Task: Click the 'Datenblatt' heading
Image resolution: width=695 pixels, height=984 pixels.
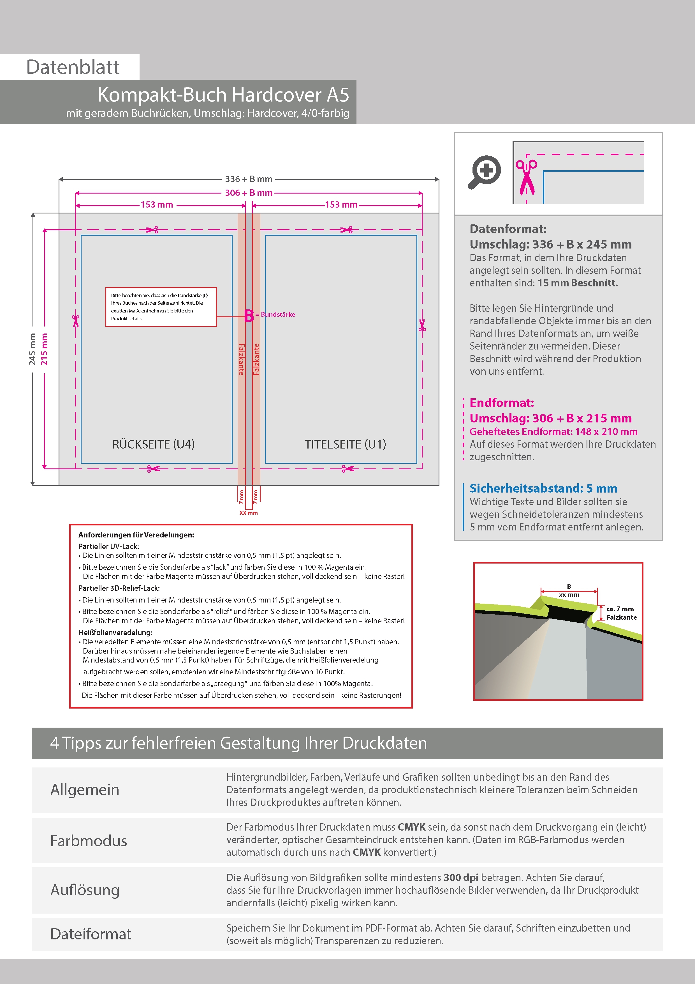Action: [x=73, y=67]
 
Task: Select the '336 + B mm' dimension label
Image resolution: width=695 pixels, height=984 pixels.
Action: [x=249, y=179]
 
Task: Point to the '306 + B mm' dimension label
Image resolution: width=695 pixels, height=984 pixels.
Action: [x=249, y=193]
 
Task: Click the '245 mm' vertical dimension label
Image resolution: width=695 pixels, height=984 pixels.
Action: [x=33, y=349]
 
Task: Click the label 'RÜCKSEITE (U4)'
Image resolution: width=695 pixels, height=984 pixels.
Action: [x=153, y=444]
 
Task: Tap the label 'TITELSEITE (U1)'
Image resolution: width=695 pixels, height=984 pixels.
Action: [x=345, y=444]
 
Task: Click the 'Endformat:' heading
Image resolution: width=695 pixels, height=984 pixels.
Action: [x=501, y=403]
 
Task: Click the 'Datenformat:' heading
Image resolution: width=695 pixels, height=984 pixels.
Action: [x=508, y=229]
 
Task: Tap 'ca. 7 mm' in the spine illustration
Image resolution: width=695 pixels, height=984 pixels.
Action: [x=620, y=609]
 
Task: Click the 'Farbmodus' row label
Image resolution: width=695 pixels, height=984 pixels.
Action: [x=89, y=841]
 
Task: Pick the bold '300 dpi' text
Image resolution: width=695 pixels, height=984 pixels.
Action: [x=461, y=877]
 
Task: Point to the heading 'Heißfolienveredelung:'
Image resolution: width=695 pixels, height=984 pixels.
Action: [x=115, y=633]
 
